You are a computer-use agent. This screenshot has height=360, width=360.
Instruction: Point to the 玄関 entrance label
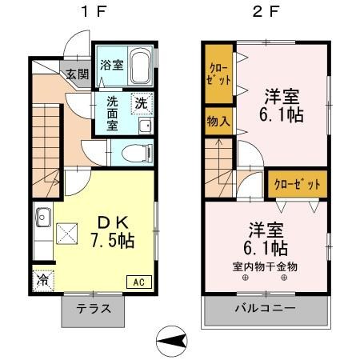pyautogui.click(x=78, y=74)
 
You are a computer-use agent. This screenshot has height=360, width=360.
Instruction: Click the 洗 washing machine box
pyautogui.click(x=142, y=103)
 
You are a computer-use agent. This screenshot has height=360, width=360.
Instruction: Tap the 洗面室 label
pyautogui.click(x=113, y=114)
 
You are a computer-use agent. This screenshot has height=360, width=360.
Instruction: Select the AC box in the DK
pyautogui.click(x=138, y=281)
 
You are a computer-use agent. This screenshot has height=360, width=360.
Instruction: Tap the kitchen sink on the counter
pyautogui.click(x=42, y=218)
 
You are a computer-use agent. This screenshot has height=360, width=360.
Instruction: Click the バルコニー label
pyautogui.click(x=265, y=310)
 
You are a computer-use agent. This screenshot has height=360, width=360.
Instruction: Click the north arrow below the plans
pyautogui.click(x=170, y=342)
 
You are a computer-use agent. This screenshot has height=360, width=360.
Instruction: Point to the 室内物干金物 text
pyautogui.click(x=264, y=266)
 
